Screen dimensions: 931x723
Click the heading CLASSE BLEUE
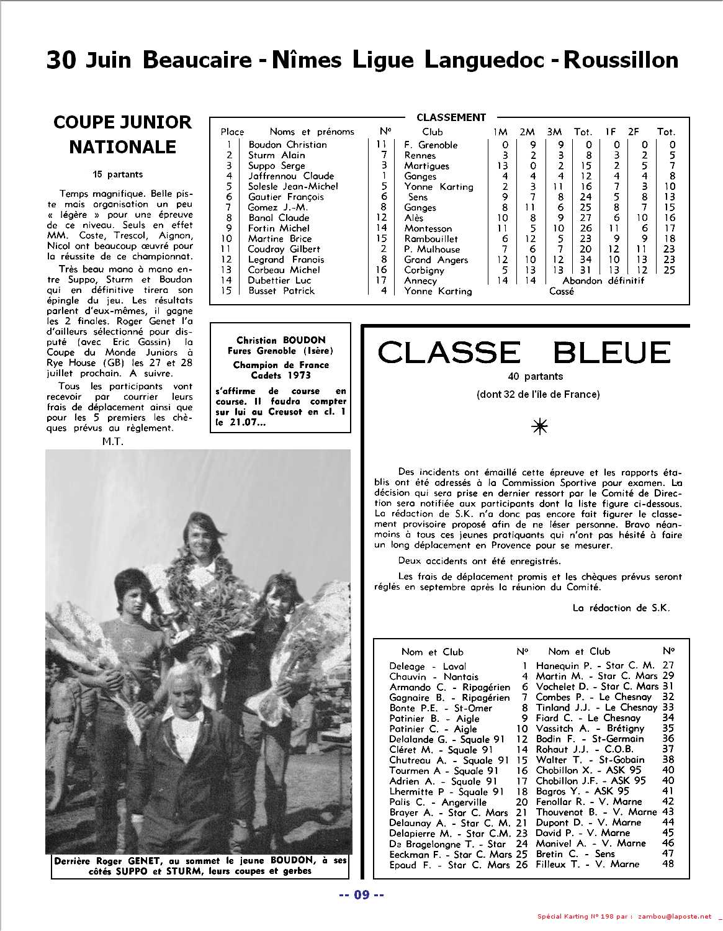click(x=524, y=353)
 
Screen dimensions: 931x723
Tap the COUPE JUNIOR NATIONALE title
click(x=122, y=135)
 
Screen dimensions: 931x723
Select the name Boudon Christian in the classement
click(x=287, y=145)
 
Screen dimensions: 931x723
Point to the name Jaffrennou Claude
click(x=290, y=176)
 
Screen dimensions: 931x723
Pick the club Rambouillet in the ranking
click(x=431, y=239)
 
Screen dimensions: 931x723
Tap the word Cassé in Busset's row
click(x=561, y=291)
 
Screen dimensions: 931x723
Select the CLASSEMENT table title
click(x=451, y=117)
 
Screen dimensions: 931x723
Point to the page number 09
click(x=361, y=895)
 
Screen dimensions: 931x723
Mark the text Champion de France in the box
click(x=281, y=365)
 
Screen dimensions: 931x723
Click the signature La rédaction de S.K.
click(x=621, y=608)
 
